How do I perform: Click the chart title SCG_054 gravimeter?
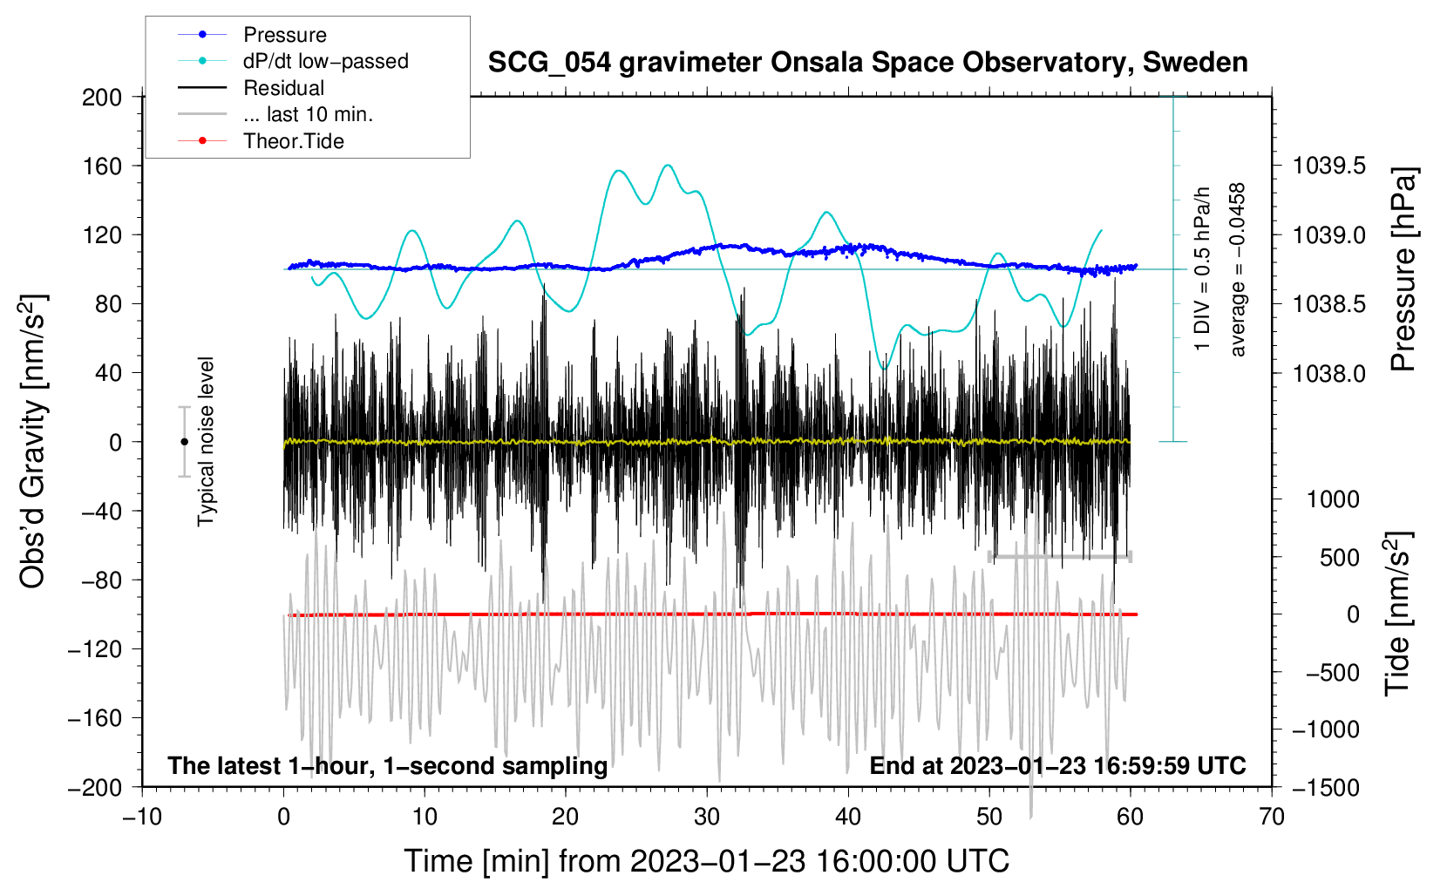click(x=867, y=63)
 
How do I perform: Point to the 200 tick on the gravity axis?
click(x=101, y=98)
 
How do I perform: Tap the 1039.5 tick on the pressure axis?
click(x=1329, y=166)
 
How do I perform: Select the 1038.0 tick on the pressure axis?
click(x=1329, y=373)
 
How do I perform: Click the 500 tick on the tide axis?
click(x=1340, y=558)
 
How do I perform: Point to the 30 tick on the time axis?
click(x=707, y=818)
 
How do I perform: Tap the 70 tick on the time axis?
click(x=1271, y=818)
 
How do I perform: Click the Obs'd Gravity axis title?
click(x=32, y=441)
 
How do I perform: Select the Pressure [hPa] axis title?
click(x=1403, y=269)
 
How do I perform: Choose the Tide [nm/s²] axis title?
click(x=1398, y=614)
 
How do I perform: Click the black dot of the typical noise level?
click(x=184, y=442)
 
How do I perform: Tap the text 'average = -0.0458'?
click(x=1237, y=269)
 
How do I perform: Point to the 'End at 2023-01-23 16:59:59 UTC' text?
click(x=1057, y=765)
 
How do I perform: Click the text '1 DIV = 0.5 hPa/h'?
click(x=1201, y=269)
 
